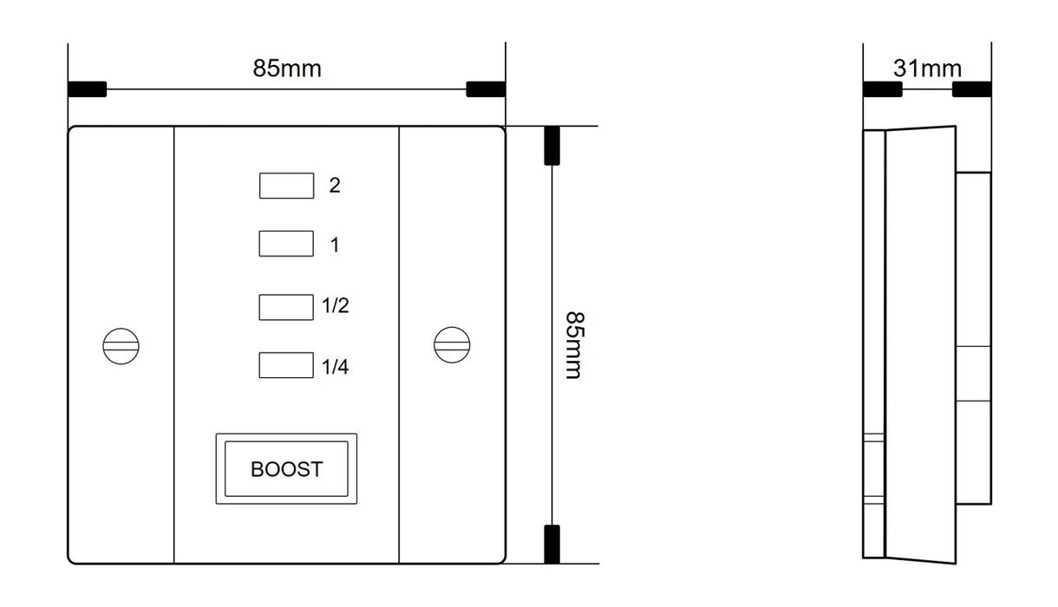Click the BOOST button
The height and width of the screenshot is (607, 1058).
(x=286, y=468)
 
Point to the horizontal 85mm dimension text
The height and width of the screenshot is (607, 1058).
(x=287, y=69)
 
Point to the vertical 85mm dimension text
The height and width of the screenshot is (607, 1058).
(x=575, y=345)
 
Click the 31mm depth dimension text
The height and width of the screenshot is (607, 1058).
(x=927, y=69)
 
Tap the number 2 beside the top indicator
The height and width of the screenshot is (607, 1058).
(x=335, y=186)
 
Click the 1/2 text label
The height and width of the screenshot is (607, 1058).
(x=336, y=305)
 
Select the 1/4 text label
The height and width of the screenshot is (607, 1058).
(x=336, y=367)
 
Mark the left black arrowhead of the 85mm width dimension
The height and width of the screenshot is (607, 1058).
(x=88, y=89)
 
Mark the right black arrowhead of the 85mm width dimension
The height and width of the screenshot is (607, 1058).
(x=486, y=89)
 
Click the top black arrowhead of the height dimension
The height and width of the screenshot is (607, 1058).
(x=552, y=146)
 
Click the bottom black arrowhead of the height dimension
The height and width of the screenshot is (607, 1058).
(x=552, y=545)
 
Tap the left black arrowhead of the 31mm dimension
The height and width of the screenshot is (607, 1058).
(x=883, y=89)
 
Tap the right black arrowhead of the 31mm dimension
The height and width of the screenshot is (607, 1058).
(x=971, y=89)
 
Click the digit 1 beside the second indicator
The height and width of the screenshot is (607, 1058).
(x=335, y=245)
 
